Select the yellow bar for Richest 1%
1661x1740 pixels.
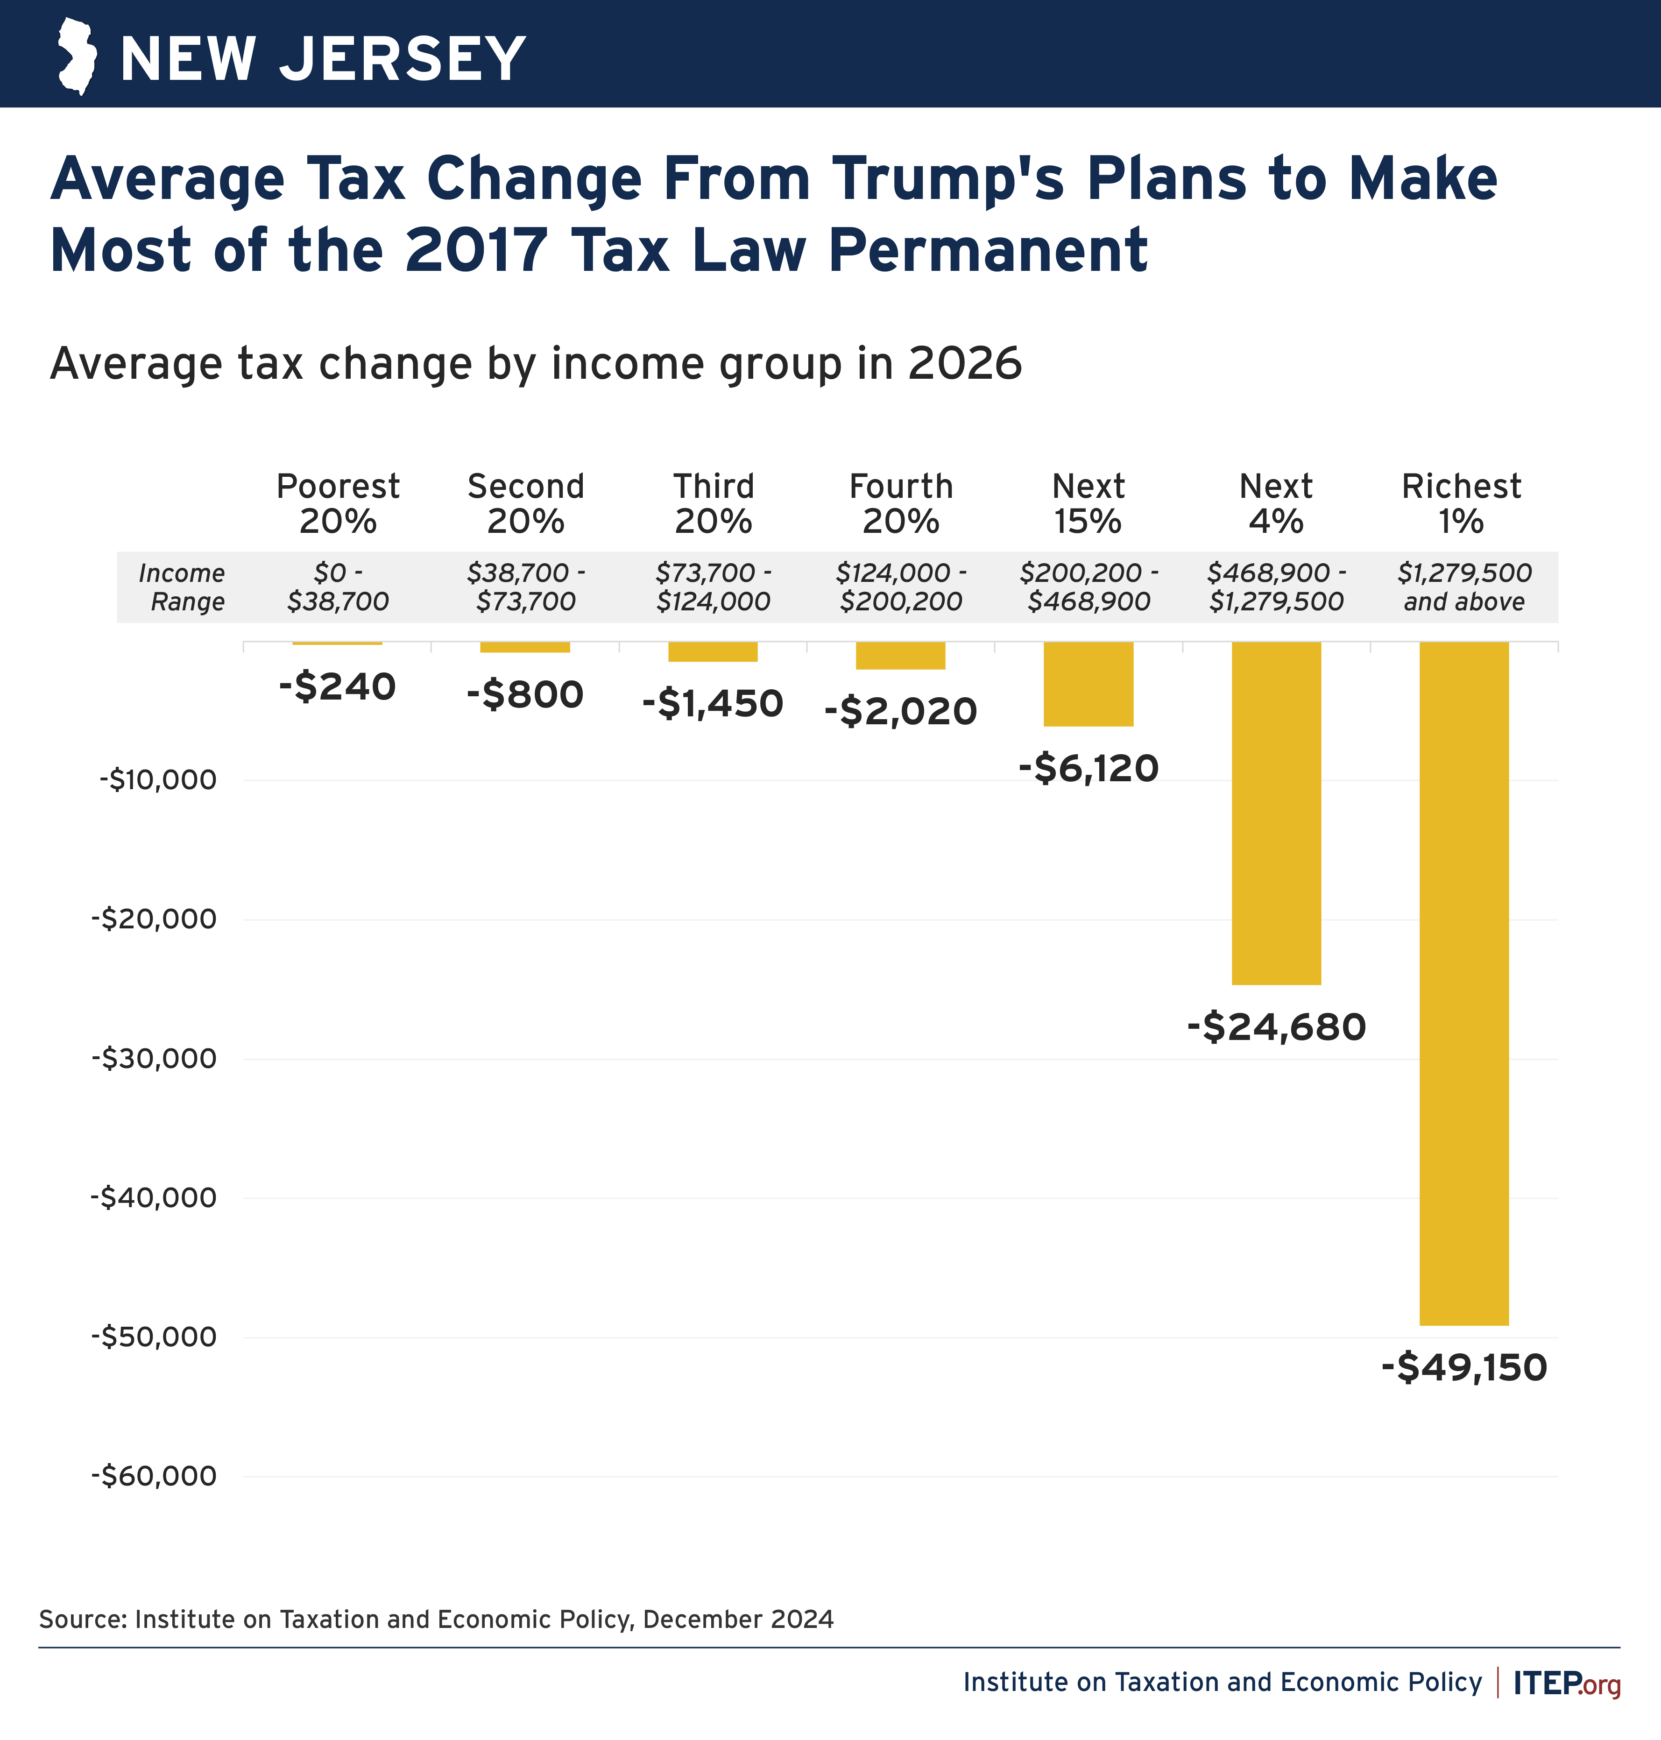1463,983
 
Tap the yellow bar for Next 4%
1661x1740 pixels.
1276,813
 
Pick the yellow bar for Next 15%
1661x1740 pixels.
1088,684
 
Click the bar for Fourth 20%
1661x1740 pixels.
900,655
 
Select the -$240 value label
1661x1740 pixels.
337,687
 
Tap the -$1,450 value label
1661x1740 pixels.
713,704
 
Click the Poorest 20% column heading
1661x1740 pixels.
337,503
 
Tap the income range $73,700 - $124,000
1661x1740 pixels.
713,587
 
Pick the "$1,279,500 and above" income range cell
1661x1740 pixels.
1463,587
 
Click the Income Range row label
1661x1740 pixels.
183,587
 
